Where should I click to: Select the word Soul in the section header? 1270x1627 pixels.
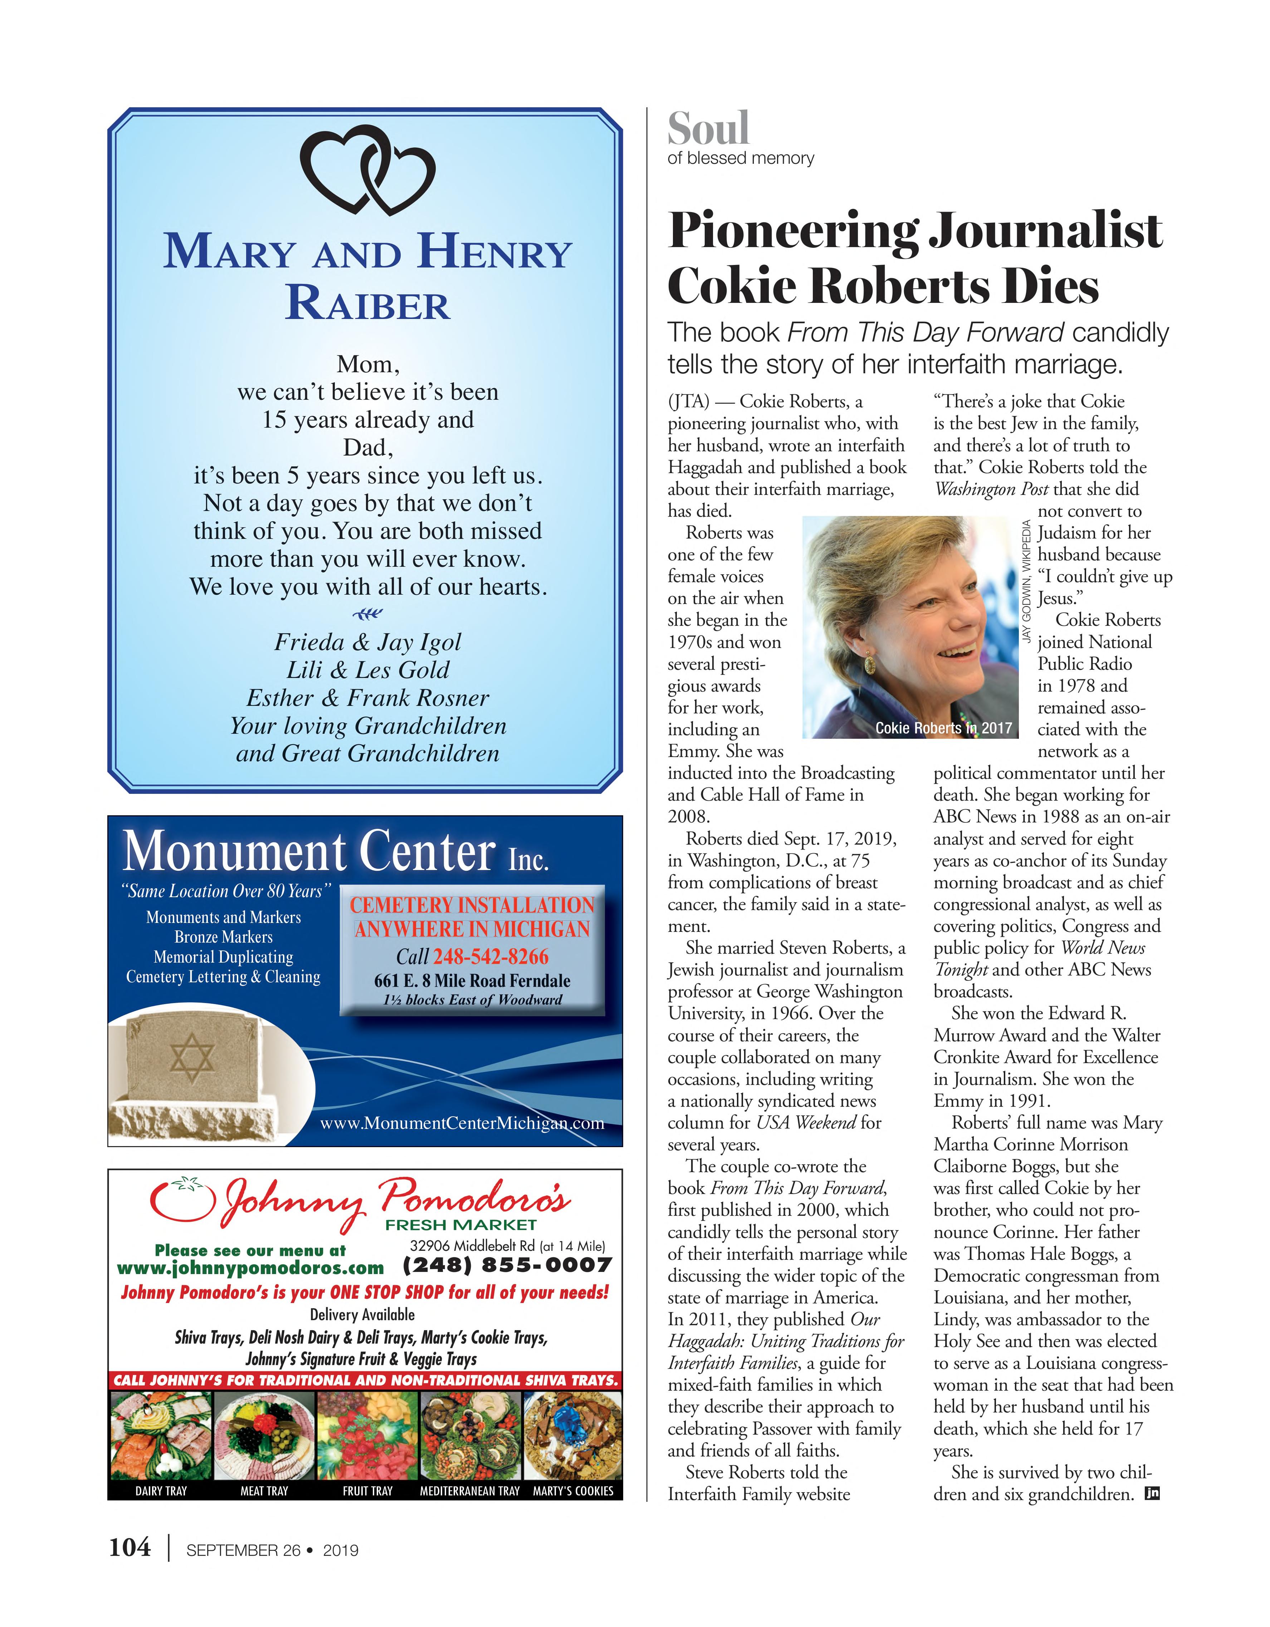coord(708,129)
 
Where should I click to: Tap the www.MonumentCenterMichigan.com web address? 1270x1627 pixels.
coord(462,1123)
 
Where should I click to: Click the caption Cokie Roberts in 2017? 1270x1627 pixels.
coord(944,728)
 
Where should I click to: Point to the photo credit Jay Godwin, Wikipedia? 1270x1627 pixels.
coord(1026,581)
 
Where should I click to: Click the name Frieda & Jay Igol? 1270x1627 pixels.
coord(367,642)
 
